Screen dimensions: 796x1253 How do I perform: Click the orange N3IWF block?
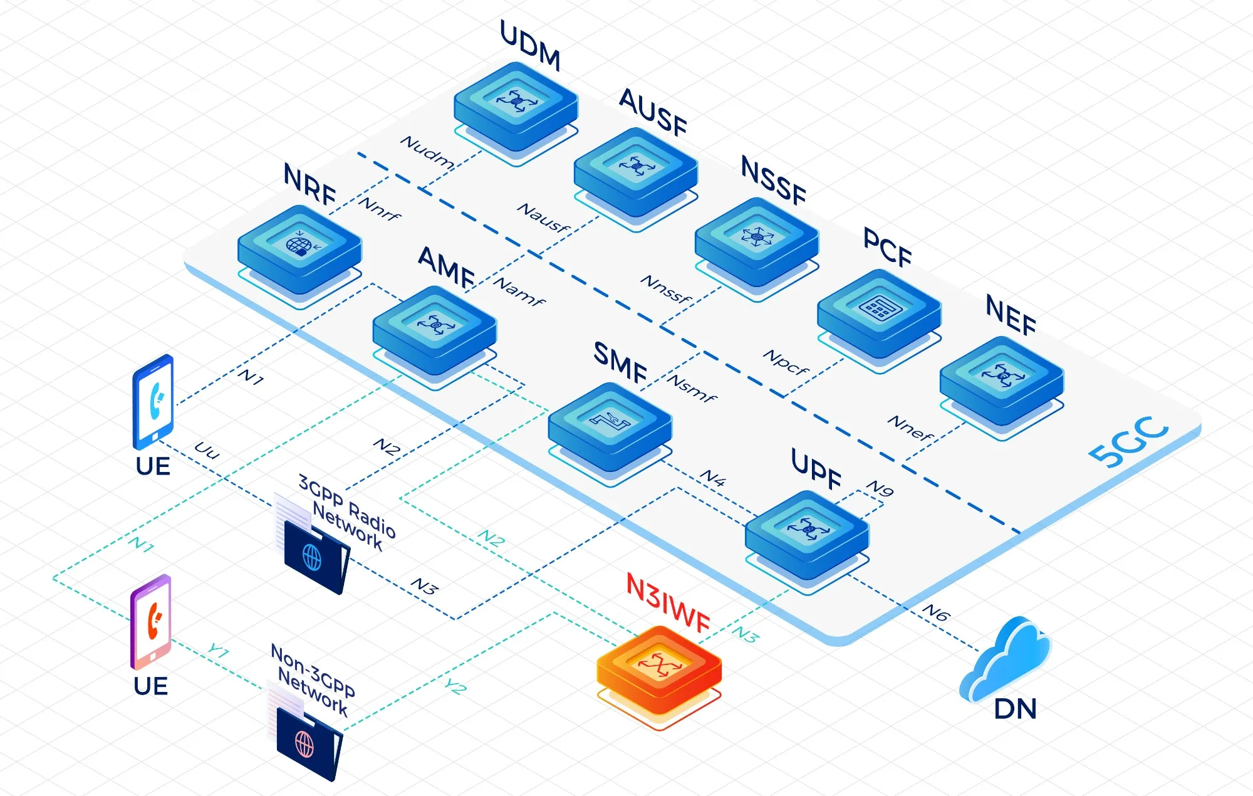[659, 668]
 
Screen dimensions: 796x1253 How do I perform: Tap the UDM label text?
[530, 45]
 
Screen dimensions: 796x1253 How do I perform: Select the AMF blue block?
[434, 329]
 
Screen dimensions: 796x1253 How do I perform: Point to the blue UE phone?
[153, 401]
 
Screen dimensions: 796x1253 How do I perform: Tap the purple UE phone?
[150, 622]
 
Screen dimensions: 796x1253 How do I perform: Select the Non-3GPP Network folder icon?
[308, 743]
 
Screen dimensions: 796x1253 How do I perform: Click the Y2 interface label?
[456, 687]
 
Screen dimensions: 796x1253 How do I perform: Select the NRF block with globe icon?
[299, 248]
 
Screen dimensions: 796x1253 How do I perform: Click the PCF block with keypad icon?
[879, 312]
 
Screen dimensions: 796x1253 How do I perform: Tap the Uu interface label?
[207, 449]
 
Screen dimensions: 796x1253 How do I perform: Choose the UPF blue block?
[807, 533]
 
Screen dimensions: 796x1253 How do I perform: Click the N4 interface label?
[713, 478]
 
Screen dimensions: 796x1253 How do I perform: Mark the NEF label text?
[1011, 315]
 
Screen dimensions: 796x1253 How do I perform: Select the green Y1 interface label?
[218, 651]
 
